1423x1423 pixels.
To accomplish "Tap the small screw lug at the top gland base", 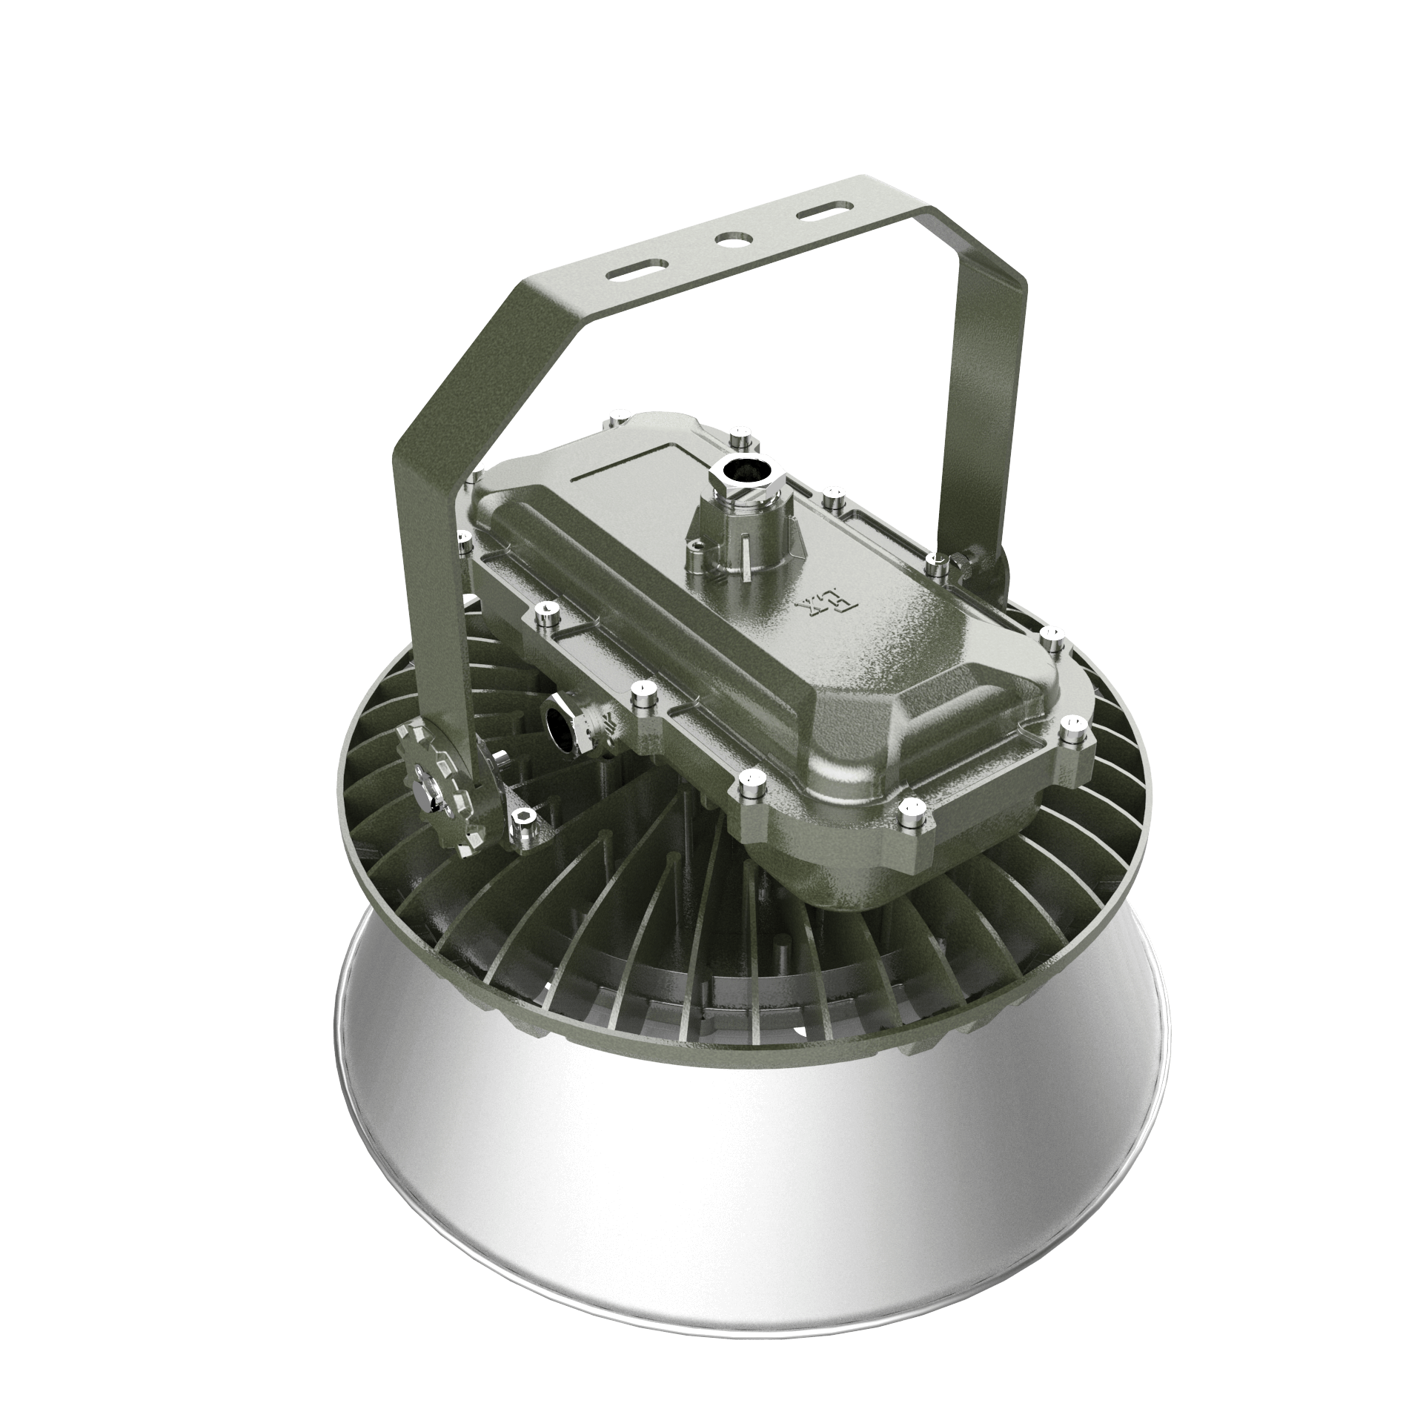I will pyautogui.click(x=697, y=548).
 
